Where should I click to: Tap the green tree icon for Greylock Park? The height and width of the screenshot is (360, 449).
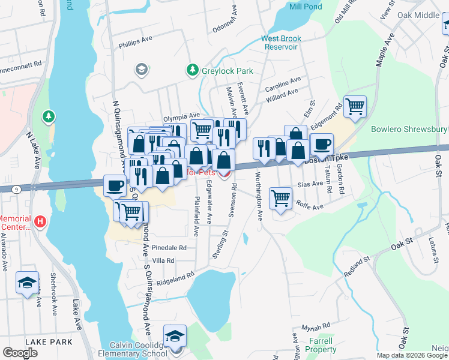tap(193, 71)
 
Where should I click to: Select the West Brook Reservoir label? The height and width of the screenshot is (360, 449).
tap(281, 43)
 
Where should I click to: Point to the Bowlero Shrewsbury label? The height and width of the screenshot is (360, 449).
tap(409, 130)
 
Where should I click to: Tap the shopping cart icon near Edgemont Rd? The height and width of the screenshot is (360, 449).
tap(355, 107)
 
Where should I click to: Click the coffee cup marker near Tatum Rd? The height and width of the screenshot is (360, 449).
tap(322, 145)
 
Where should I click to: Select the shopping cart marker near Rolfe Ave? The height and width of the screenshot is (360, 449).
tap(281, 197)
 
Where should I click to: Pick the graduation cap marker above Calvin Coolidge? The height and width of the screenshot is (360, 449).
tap(175, 335)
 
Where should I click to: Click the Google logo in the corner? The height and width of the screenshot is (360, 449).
tap(20, 353)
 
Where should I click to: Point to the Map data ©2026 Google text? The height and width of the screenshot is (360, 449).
tap(411, 355)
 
